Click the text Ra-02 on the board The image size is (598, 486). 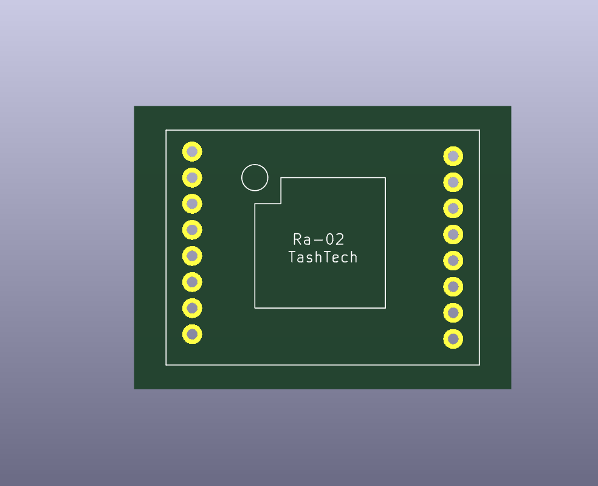pyautogui.click(x=318, y=239)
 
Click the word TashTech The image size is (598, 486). pyautogui.click(x=323, y=258)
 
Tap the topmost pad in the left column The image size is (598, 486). pyautogui.click(x=192, y=152)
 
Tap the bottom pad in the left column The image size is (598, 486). pyautogui.click(x=192, y=334)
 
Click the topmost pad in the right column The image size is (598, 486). pyautogui.click(x=453, y=156)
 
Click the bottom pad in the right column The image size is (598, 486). pyautogui.click(x=453, y=339)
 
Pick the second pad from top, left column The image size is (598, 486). pyautogui.click(x=192, y=177)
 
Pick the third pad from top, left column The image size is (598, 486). pyautogui.click(x=192, y=204)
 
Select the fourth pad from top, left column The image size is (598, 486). pyautogui.click(x=192, y=230)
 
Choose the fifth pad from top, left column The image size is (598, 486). pyautogui.click(x=192, y=256)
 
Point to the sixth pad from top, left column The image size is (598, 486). pyautogui.click(x=192, y=282)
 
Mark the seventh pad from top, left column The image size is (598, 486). pyautogui.click(x=192, y=309)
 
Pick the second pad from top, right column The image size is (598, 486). pyautogui.click(x=453, y=182)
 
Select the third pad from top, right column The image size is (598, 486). pyautogui.click(x=453, y=208)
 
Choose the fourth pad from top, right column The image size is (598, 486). pyautogui.click(x=453, y=234)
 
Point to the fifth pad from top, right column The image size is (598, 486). pyautogui.click(x=453, y=261)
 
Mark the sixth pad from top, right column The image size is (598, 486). pyautogui.click(x=453, y=287)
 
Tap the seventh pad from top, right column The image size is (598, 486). pyautogui.click(x=453, y=313)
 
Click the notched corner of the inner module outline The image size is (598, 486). pyautogui.click(x=281, y=204)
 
